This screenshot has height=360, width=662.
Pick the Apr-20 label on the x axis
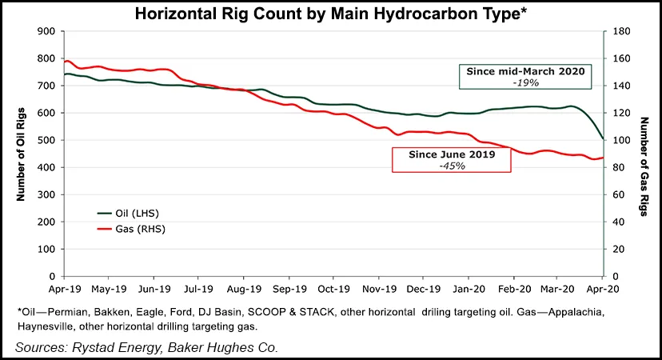[x=602, y=288]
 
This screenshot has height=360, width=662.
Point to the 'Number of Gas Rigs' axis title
[x=644, y=154]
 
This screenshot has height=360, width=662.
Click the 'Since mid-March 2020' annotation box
[x=526, y=76]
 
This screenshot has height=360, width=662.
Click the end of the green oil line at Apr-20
[x=603, y=139]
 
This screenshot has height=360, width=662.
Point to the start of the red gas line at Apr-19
[x=65, y=62]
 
